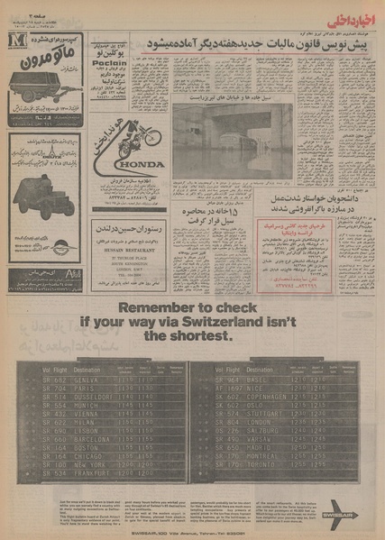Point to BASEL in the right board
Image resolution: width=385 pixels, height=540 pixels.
(243, 381)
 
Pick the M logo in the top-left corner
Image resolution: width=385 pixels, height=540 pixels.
(14, 46)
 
